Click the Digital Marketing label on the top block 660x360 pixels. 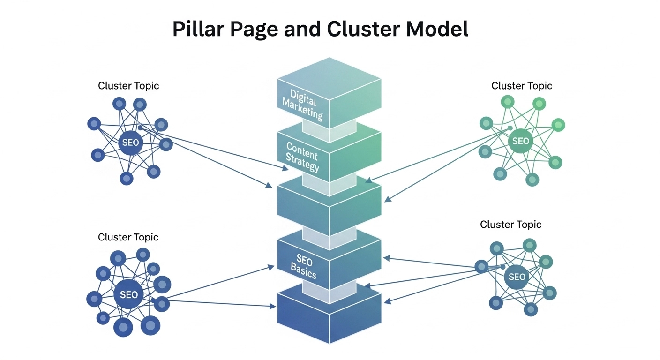(x=303, y=105)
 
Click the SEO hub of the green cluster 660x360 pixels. (x=520, y=141)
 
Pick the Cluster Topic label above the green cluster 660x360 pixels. (x=521, y=86)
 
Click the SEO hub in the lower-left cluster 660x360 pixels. (x=128, y=294)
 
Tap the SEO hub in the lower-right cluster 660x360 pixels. (x=517, y=277)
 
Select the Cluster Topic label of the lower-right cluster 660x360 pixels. (x=510, y=225)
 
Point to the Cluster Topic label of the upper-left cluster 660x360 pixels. (x=128, y=86)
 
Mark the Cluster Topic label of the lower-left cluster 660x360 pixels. (x=128, y=237)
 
